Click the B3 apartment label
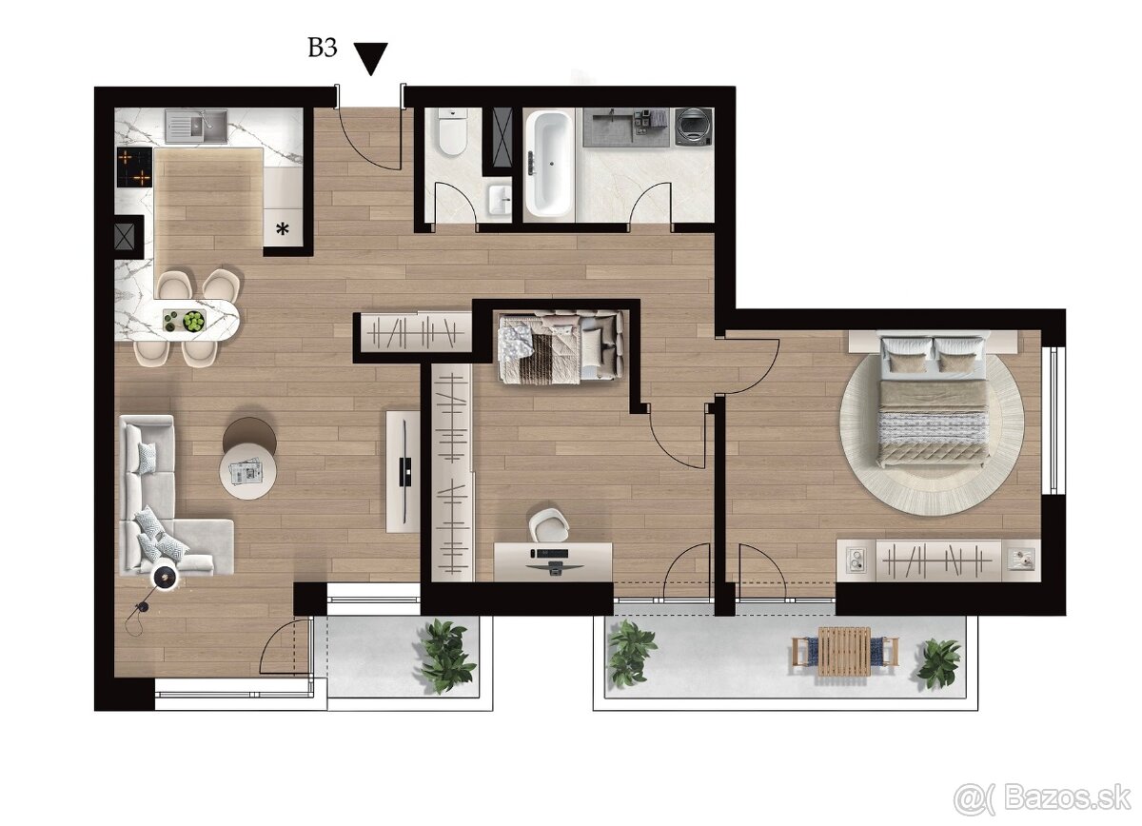(x=322, y=49)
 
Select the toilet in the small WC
(x=451, y=132)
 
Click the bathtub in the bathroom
(x=550, y=162)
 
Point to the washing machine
(x=694, y=128)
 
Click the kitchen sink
(x=195, y=126)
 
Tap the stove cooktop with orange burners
(x=134, y=167)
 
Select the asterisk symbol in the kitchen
(x=283, y=228)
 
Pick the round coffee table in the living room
(x=247, y=470)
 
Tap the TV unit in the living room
(x=403, y=470)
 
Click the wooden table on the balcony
(x=844, y=651)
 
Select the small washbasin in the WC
(x=498, y=200)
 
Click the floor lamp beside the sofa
(x=165, y=578)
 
